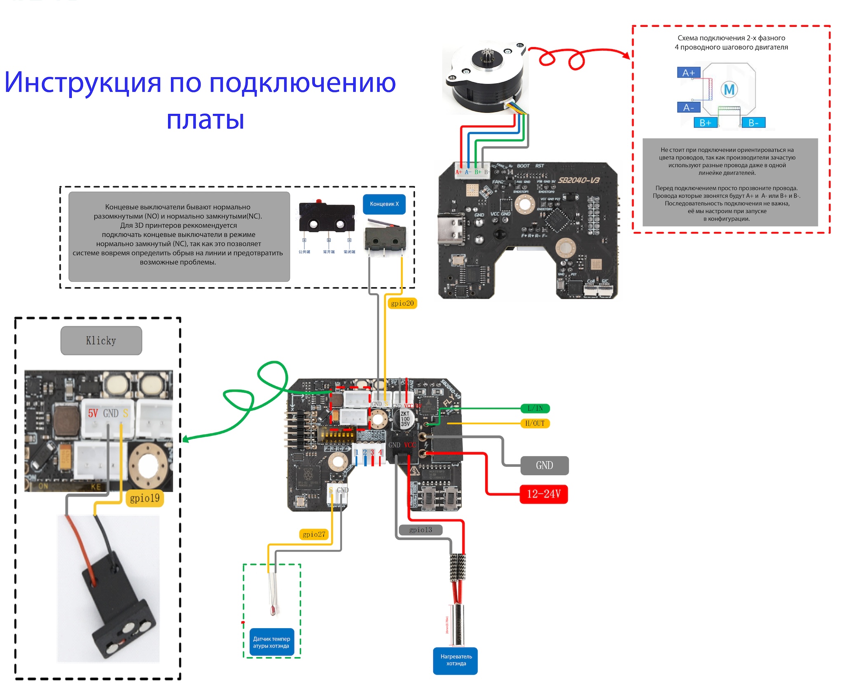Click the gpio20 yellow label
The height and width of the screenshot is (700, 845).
(402, 303)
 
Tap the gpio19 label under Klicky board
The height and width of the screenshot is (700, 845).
(144, 498)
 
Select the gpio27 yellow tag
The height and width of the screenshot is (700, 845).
(314, 534)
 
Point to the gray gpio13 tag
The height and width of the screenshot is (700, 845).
(420, 530)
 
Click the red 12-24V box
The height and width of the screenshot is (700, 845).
(544, 494)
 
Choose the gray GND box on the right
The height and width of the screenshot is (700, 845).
(544, 466)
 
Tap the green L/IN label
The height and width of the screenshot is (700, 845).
(535, 409)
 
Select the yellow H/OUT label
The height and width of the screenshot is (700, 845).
(535, 423)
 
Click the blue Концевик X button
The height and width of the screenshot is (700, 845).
(384, 204)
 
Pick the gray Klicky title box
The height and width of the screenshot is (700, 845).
(101, 341)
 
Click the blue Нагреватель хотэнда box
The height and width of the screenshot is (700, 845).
(456, 660)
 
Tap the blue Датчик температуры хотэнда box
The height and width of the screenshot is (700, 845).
(271, 642)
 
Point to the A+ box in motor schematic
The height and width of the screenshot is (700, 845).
(688, 73)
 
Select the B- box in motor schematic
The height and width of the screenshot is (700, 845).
(753, 123)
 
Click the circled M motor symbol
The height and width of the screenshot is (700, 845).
(729, 89)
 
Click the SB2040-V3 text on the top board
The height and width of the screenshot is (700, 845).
(578, 180)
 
